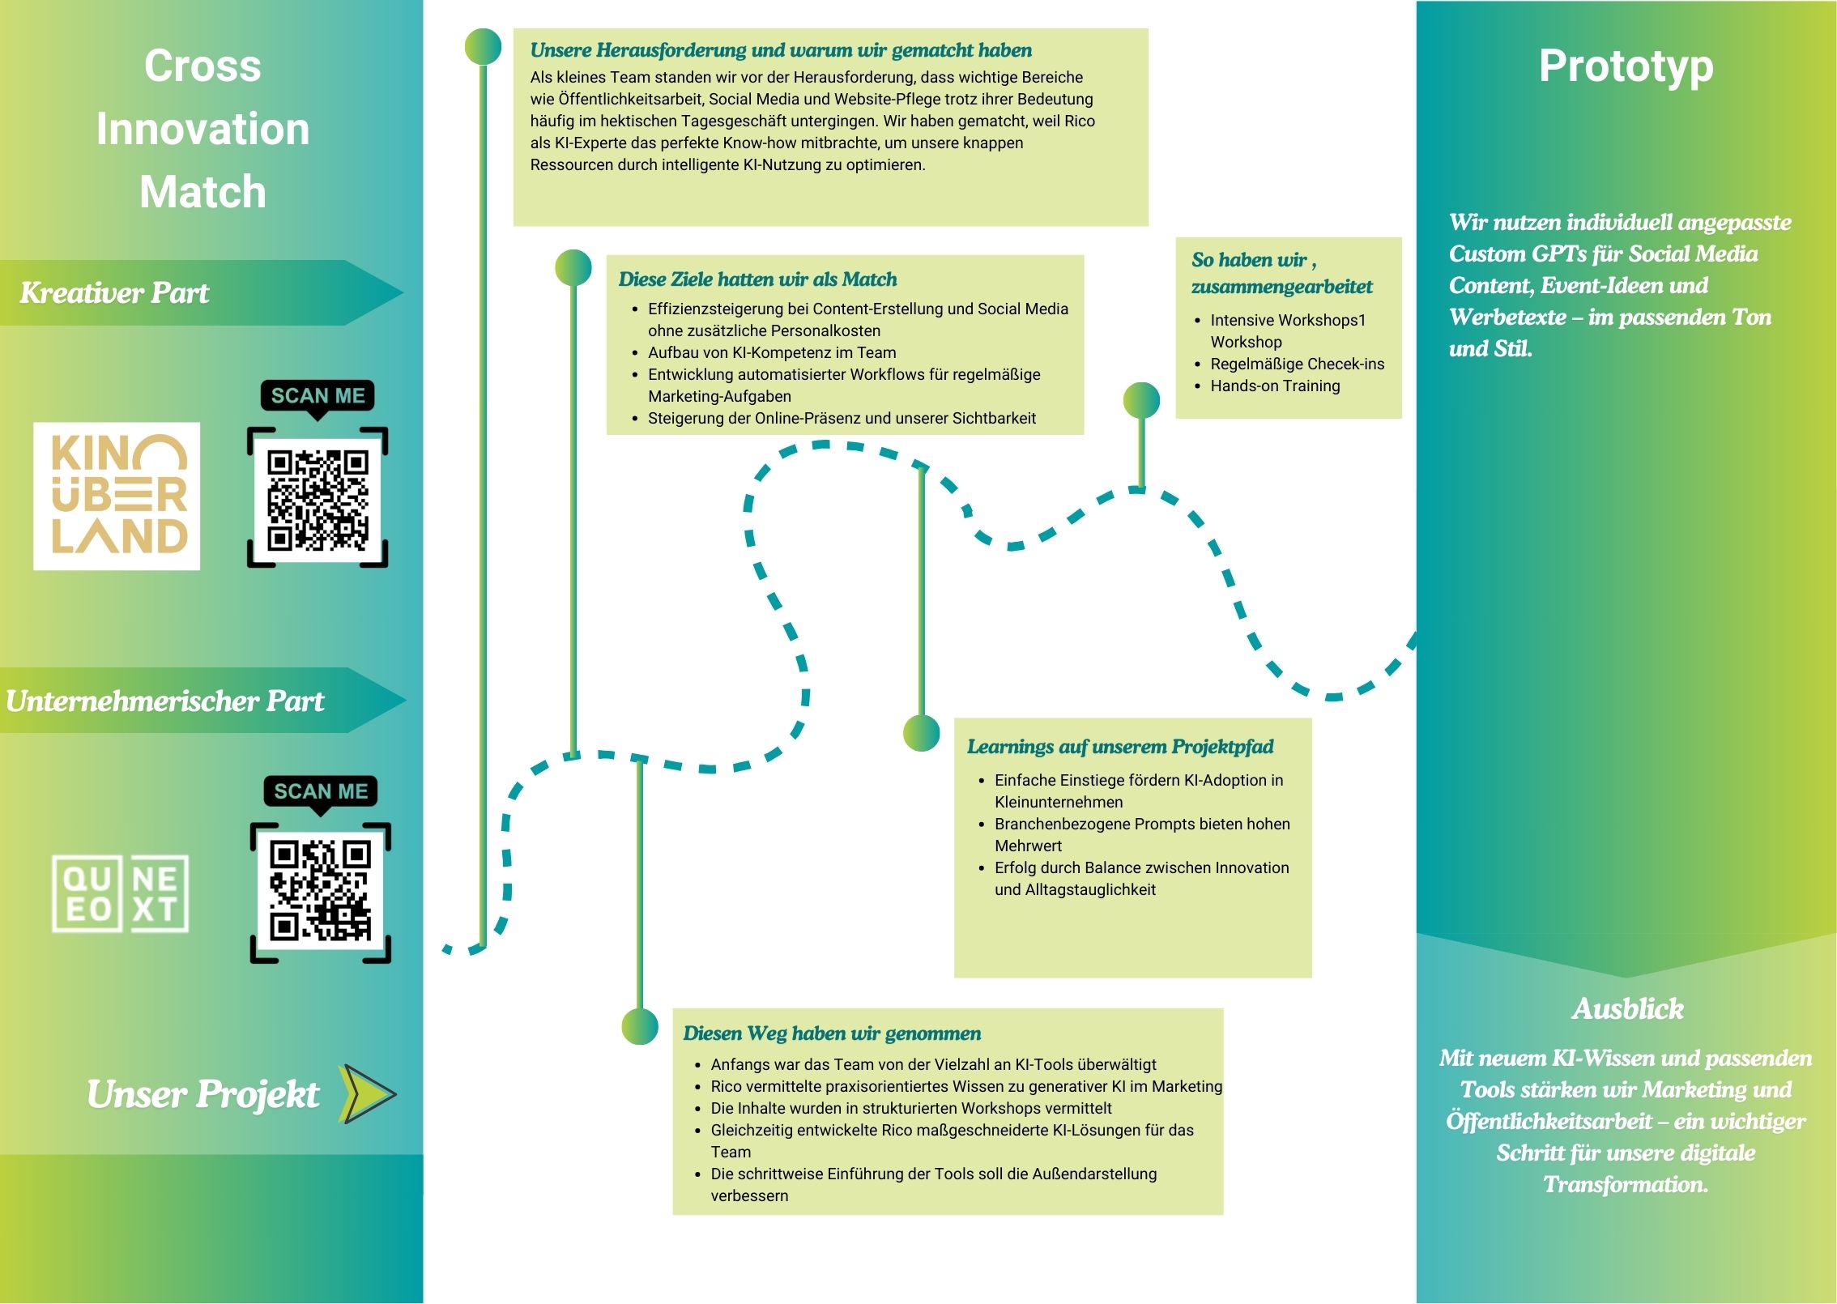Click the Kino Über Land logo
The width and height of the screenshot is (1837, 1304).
point(117,496)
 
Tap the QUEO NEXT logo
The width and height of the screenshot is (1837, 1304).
point(120,893)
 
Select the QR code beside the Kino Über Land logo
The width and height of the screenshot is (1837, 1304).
point(318,497)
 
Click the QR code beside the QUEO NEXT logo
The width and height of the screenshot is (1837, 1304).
point(321,893)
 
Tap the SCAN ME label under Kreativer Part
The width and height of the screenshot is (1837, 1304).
point(318,395)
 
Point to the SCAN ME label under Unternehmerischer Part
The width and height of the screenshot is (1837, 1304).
point(321,791)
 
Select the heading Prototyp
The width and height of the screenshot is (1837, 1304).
point(1626,66)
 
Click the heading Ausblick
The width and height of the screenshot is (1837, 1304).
point(1627,1008)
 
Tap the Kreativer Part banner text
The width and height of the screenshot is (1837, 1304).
point(114,292)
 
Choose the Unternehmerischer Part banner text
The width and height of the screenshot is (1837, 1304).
point(164,701)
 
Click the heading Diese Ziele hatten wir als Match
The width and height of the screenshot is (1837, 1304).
point(757,279)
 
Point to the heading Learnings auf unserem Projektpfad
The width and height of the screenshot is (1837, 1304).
point(1120,747)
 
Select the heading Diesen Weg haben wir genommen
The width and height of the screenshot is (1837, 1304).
point(832,1033)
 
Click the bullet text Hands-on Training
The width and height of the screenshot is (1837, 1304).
point(1275,386)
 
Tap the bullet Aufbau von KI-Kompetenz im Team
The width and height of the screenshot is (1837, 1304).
point(772,353)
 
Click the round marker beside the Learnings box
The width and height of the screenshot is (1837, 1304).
point(922,734)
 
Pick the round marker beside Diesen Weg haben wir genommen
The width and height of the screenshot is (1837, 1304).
point(640,1026)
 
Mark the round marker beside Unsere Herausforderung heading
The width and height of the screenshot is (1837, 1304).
point(484,47)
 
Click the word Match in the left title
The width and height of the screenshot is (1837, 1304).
point(202,192)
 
